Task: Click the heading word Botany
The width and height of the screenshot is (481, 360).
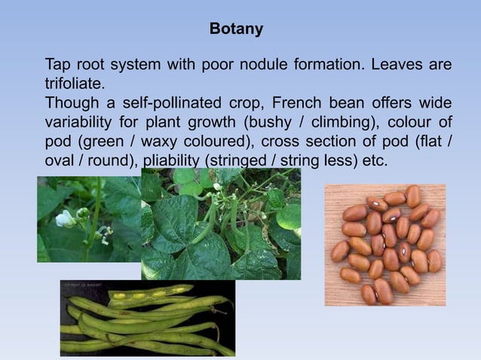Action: [x=236, y=29]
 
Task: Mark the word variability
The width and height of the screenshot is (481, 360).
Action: [x=79, y=122]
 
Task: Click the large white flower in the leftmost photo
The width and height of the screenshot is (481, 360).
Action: [x=65, y=218]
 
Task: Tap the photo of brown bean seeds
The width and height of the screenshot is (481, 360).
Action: [x=384, y=244]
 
